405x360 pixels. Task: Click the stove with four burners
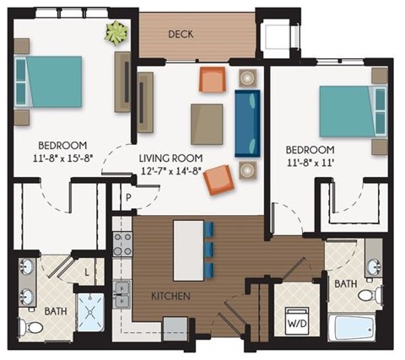(123, 244)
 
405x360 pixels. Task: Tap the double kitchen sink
(123, 293)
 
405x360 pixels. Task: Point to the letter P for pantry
(130, 199)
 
